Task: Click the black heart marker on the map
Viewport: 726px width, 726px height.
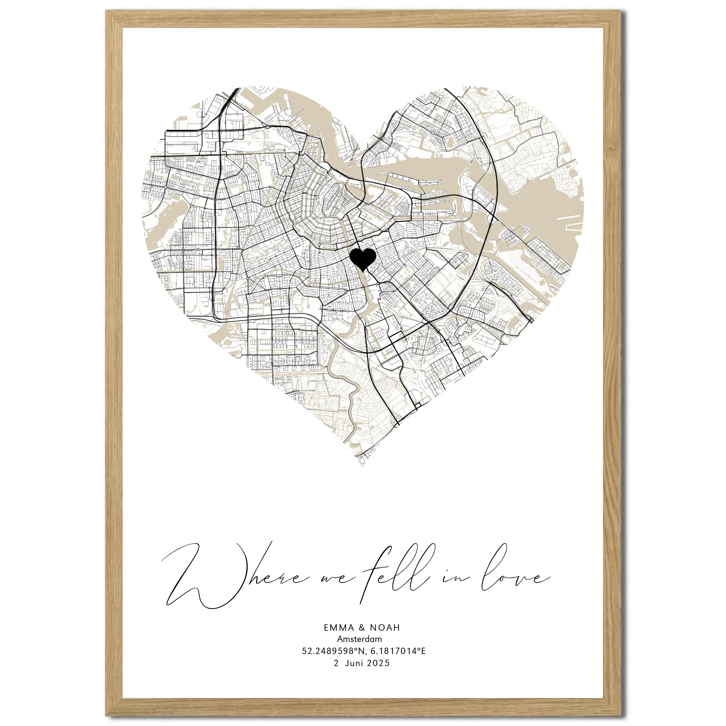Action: click(362, 258)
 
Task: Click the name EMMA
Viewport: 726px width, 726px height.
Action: click(339, 627)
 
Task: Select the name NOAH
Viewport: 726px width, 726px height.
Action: click(385, 627)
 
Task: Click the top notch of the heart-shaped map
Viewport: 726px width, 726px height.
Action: click(363, 150)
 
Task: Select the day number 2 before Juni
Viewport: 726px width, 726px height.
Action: click(337, 663)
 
